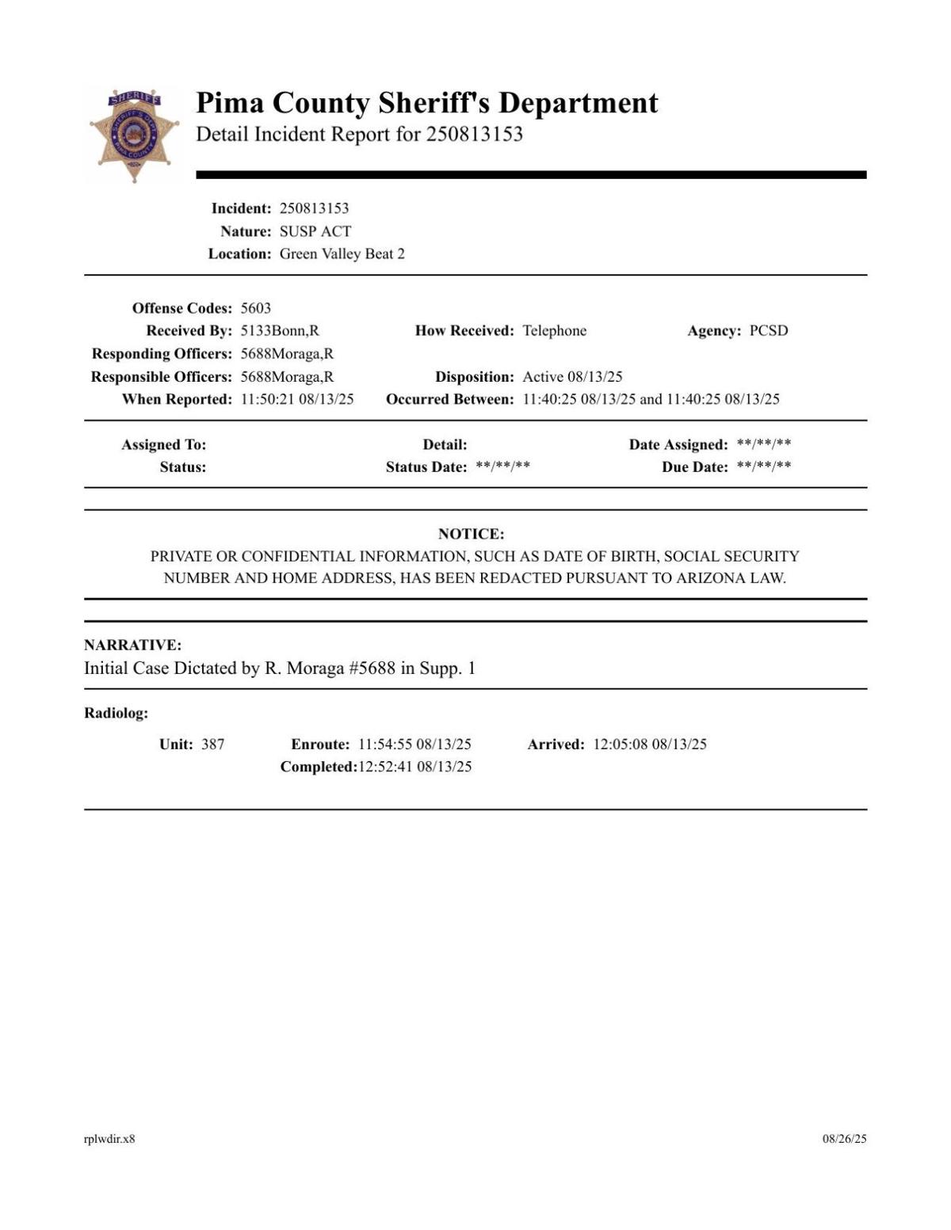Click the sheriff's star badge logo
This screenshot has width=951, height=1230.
click(133, 135)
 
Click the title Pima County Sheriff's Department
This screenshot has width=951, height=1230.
click(426, 103)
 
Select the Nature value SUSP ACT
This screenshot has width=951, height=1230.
click(315, 231)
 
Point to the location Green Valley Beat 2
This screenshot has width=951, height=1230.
click(342, 253)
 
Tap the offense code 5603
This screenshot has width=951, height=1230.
click(255, 308)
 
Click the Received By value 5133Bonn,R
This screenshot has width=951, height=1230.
click(280, 330)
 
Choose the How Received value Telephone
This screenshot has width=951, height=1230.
click(554, 330)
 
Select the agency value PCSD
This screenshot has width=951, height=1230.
click(769, 330)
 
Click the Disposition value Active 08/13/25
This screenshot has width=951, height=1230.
click(572, 376)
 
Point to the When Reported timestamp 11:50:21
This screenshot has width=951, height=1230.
click(266, 399)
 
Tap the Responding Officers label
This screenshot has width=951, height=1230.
click(162, 353)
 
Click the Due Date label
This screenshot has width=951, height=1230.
click(694, 467)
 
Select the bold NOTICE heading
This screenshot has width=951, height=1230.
click(471, 534)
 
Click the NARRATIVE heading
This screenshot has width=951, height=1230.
click(132, 645)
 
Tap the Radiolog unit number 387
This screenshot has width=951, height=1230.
click(212, 744)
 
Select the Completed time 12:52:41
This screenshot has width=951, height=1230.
click(385, 767)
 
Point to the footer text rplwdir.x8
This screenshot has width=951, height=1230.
click(109, 1139)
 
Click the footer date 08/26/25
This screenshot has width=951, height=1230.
click(844, 1139)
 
